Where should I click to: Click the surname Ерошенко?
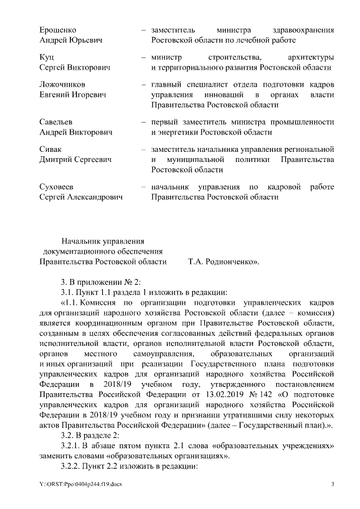click(x=58, y=30)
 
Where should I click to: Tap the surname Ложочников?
click(x=62, y=84)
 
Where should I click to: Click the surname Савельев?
click(x=56, y=122)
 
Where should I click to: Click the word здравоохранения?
click(x=301, y=30)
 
